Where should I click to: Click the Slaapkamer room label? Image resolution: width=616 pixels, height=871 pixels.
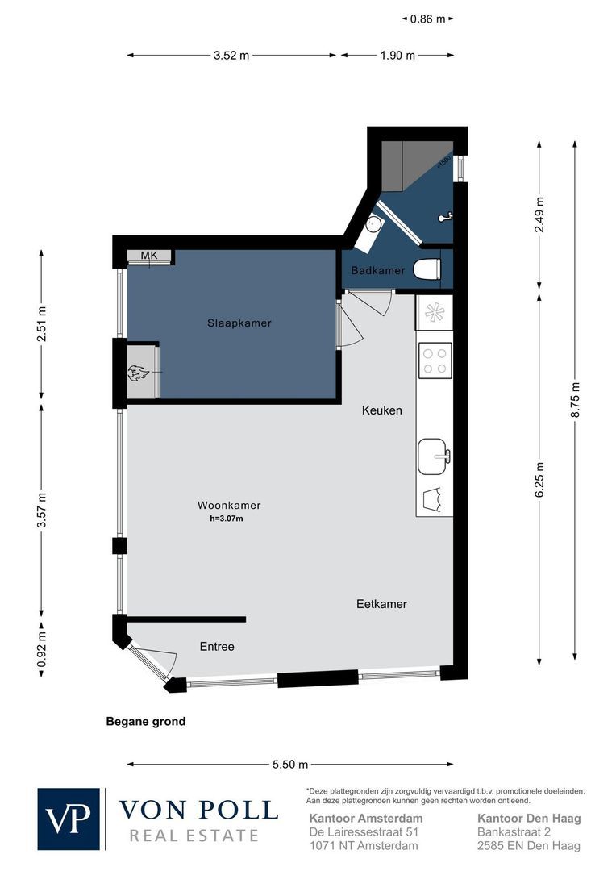pyautogui.click(x=239, y=323)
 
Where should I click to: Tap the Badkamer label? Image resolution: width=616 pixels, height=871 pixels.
pyautogui.click(x=377, y=270)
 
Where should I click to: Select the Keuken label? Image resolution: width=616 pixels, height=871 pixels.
pyautogui.click(x=381, y=410)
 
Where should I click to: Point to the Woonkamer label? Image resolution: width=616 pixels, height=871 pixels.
pyautogui.click(x=229, y=506)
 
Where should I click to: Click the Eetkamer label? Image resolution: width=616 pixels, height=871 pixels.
pyautogui.click(x=381, y=604)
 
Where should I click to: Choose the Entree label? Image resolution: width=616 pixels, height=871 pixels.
pyautogui.click(x=217, y=647)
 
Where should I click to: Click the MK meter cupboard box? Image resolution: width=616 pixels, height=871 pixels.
pyautogui.click(x=149, y=257)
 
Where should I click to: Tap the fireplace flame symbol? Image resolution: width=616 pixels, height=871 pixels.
pyautogui.click(x=137, y=372)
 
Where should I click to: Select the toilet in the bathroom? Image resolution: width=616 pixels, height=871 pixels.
pyautogui.click(x=427, y=269)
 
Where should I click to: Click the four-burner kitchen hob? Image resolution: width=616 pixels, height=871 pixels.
pyautogui.click(x=435, y=360)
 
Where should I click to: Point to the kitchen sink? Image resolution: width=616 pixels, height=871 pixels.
pyautogui.click(x=433, y=456)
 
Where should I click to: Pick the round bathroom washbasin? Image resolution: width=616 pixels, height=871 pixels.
pyautogui.click(x=373, y=224)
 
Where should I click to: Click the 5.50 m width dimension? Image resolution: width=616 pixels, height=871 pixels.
pyautogui.click(x=290, y=765)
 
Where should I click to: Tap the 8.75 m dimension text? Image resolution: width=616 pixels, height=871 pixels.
pyautogui.click(x=575, y=400)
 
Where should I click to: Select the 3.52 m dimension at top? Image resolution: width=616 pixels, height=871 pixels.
pyautogui.click(x=231, y=55)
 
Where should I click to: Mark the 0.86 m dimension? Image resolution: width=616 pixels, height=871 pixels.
pyautogui.click(x=427, y=19)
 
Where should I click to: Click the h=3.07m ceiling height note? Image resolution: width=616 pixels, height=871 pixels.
pyautogui.click(x=226, y=519)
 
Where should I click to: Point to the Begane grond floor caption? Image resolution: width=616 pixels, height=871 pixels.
pyautogui.click(x=146, y=722)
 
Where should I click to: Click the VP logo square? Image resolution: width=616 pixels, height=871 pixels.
pyautogui.click(x=69, y=819)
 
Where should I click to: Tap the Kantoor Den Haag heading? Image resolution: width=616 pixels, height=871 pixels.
pyautogui.click(x=530, y=819)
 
